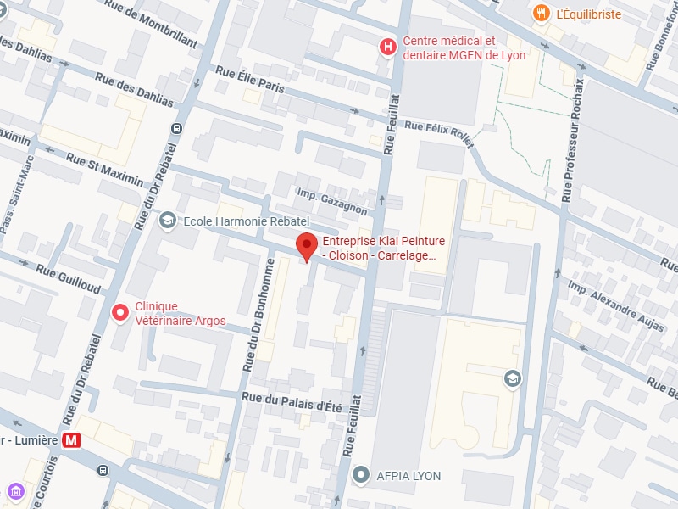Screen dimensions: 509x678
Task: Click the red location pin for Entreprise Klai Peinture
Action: click(x=307, y=247)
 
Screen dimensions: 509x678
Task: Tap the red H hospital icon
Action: click(x=388, y=48)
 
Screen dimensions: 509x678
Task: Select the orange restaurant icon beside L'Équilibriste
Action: click(x=540, y=14)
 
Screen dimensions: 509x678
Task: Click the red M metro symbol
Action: click(x=73, y=440)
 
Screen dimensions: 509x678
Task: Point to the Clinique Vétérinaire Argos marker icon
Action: click(x=120, y=313)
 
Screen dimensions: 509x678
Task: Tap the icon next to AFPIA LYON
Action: click(x=362, y=475)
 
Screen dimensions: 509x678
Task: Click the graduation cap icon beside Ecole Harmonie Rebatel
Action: click(x=167, y=221)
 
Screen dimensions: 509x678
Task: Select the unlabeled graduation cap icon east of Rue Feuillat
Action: click(x=511, y=378)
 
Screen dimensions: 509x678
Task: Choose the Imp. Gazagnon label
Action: click(x=331, y=200)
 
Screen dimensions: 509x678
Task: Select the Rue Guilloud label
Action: click(x=67, y=277)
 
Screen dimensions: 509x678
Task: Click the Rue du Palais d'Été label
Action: click(x=292, y=401)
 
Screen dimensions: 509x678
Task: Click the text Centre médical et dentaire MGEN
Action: click(x=464, y=48)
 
